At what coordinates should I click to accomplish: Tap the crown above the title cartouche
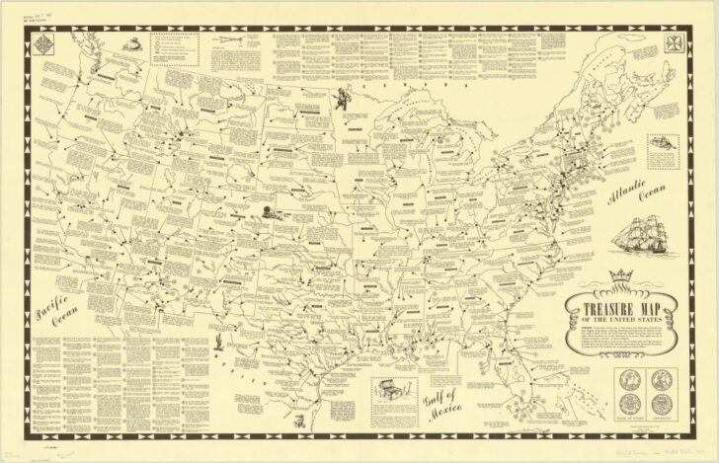click(x=620, y=275)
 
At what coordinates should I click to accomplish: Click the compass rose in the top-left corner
click(x=43, y=43)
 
